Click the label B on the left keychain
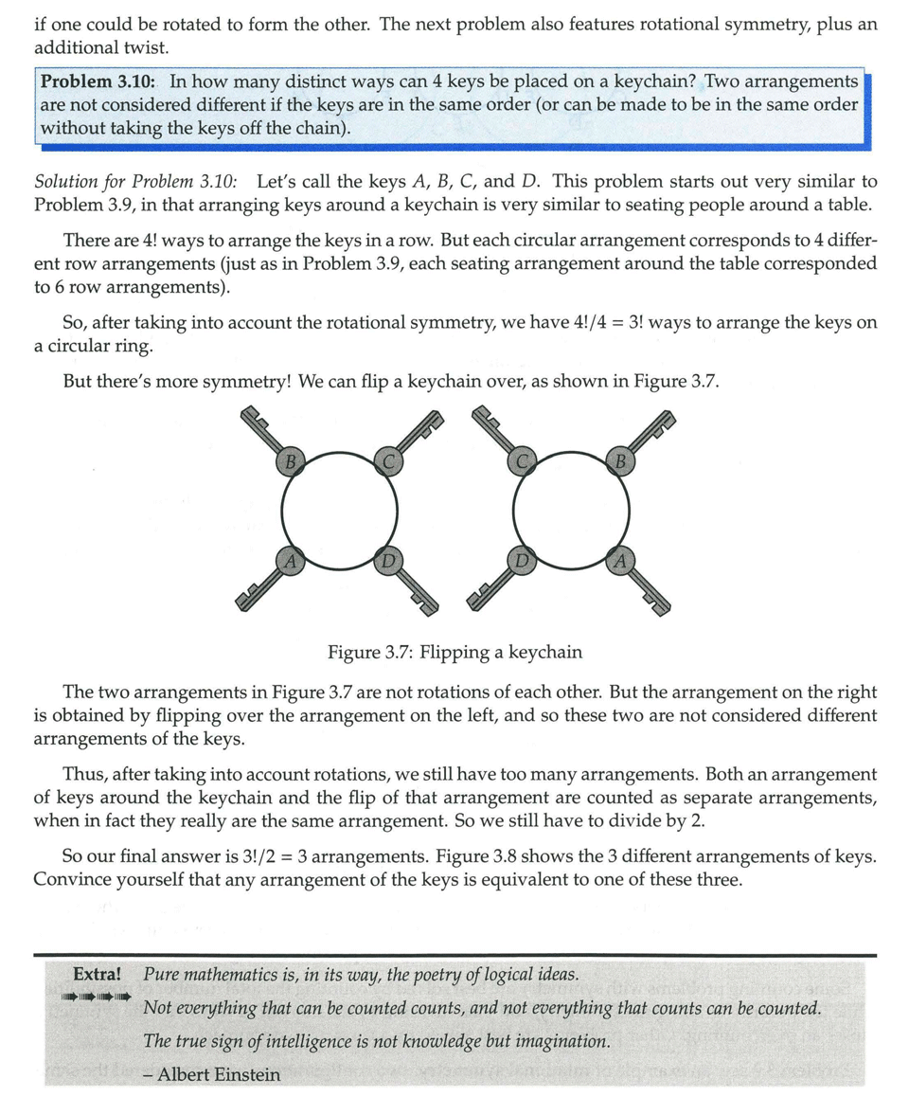[292, 462]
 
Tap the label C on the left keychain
[387, 461]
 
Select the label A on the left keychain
[292, 561]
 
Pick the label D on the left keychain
[387, 561]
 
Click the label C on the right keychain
[523, 461]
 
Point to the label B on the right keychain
[619, 462]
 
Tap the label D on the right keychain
[523, 561]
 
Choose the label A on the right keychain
[619, 561]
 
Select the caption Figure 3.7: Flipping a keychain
[454, 652]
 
